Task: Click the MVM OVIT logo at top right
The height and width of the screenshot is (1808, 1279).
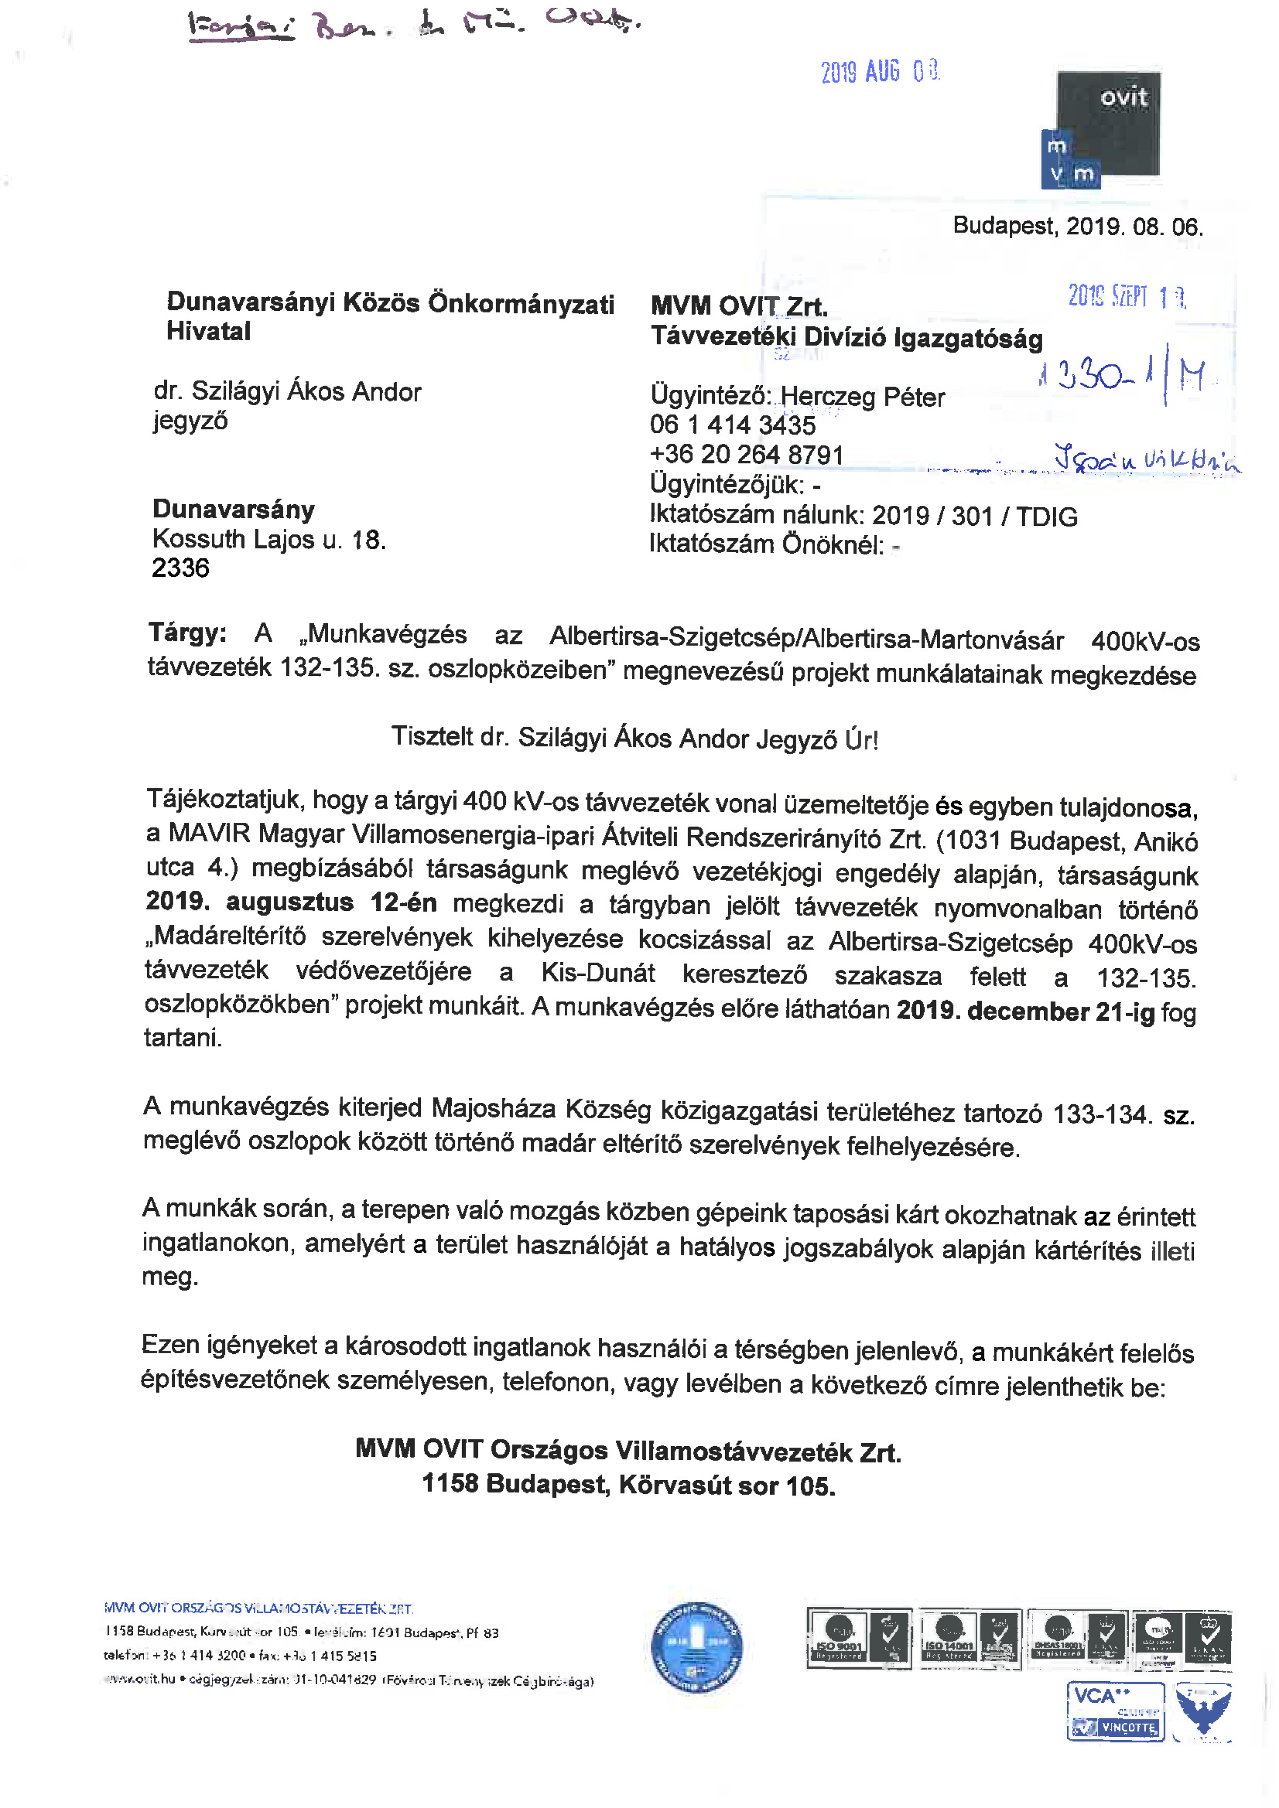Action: [x=1103, y=130]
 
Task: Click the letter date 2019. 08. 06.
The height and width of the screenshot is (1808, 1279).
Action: [x=1134, y=227]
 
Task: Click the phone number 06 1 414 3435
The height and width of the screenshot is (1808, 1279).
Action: [x=732, y=425]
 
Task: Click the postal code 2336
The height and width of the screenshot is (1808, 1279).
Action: [x=181, y=568]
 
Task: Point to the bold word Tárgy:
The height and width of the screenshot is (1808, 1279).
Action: [x=187, y=633]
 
